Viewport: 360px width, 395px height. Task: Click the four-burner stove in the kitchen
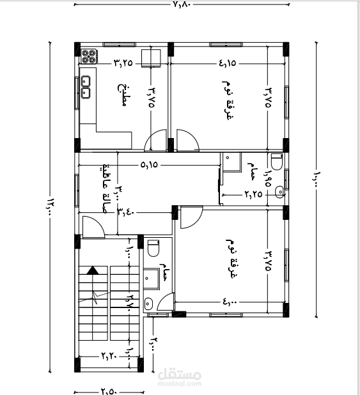point(88,56)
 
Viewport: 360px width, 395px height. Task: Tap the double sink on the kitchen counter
point(86,87)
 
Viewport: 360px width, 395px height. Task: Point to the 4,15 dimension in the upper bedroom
point(228,63)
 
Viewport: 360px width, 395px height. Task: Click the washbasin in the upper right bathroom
point(279,190)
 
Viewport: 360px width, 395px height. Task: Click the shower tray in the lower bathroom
point(151,277)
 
